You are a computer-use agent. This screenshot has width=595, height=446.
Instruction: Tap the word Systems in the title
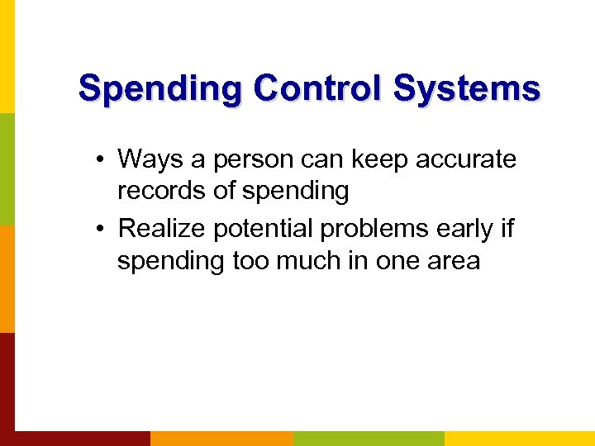[x=467, y=88]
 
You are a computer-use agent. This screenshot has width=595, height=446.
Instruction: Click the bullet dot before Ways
[x=101, y=159]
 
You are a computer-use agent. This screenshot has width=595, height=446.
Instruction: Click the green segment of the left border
[x=7, y=168]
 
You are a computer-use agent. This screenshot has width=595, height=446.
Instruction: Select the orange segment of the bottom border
[x=221, y=438]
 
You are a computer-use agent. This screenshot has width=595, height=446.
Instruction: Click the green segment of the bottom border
[x=369, y=438]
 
